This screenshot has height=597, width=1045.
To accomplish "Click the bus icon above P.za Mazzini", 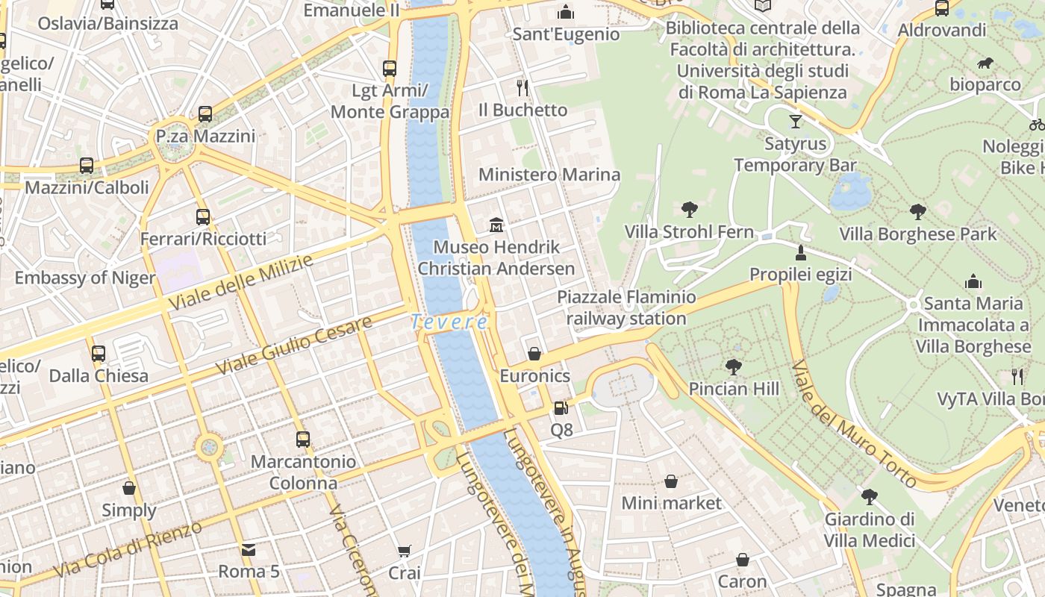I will tap(205, 114).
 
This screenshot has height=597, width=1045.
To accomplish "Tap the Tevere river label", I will tap(449, 322).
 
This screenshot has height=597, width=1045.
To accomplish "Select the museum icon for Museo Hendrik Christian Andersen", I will tap(496, 225).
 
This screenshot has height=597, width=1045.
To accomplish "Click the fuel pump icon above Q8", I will tap(561, 408).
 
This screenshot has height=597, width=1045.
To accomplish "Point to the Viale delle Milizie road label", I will tap(240, 283).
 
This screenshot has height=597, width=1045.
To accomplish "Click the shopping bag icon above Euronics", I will tap(534, 353).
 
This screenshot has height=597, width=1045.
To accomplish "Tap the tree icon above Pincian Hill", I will tap(734, 366).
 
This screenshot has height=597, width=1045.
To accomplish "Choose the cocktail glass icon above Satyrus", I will tap(795, 121).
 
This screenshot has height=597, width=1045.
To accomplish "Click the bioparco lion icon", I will tap(985, 63).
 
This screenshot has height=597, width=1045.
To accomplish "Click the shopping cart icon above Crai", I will tap(404, 551).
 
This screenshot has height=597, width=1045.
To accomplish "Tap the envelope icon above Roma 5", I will tap(249, 550).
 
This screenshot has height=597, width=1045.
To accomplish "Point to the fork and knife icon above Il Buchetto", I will tap(522, 88).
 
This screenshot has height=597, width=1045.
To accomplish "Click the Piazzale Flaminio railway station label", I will tap(626, 308).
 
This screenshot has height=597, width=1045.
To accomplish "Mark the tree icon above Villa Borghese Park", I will tap(917, 212).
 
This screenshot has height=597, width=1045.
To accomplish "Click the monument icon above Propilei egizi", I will tap(801, 252).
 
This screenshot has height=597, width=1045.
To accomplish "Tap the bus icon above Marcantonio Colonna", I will tap(303, 440).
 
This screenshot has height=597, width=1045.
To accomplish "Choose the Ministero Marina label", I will tap(549, 175).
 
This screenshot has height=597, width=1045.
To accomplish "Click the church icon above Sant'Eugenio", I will tap(566, 12).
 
